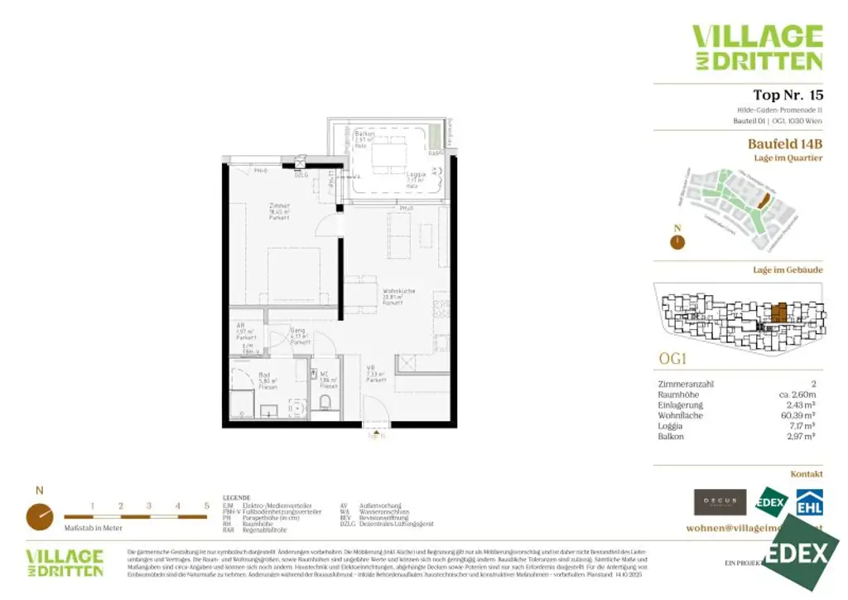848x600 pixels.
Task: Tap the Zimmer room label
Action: (278, 205)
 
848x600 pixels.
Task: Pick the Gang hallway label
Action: (298, 331)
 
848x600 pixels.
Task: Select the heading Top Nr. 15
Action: (788, 94)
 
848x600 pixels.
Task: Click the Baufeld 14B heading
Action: (785, 143)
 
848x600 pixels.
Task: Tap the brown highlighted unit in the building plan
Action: (778, 313)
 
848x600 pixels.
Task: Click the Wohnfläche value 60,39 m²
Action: (799, 415)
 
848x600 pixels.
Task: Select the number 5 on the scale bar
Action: (206, 505)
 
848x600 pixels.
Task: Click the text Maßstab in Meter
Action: (93, 527)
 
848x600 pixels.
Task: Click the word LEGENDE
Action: (236, 497)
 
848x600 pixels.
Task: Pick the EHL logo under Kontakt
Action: (809, 503)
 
